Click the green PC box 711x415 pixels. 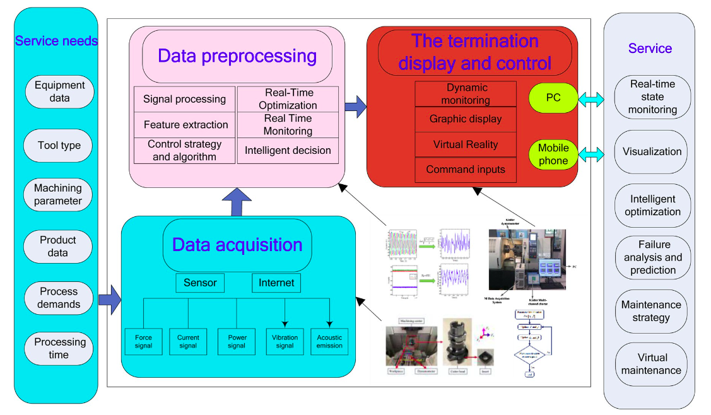553,98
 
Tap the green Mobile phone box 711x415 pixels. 553,155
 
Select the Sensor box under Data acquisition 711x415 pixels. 200,283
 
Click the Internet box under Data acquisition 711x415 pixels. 276,283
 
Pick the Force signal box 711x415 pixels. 143,341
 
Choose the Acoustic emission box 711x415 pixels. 329,341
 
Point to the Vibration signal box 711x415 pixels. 285,341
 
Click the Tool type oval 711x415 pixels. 59,146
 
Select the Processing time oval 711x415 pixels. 59,348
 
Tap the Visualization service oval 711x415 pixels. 652,152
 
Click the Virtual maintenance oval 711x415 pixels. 652,364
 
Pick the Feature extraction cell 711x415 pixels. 185,125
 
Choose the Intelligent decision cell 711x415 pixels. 288,151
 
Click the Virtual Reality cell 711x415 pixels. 466,144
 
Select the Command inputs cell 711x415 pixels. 466,170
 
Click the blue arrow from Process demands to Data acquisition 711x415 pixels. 110,299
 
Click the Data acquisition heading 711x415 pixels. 237,245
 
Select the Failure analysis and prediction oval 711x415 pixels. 652,257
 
